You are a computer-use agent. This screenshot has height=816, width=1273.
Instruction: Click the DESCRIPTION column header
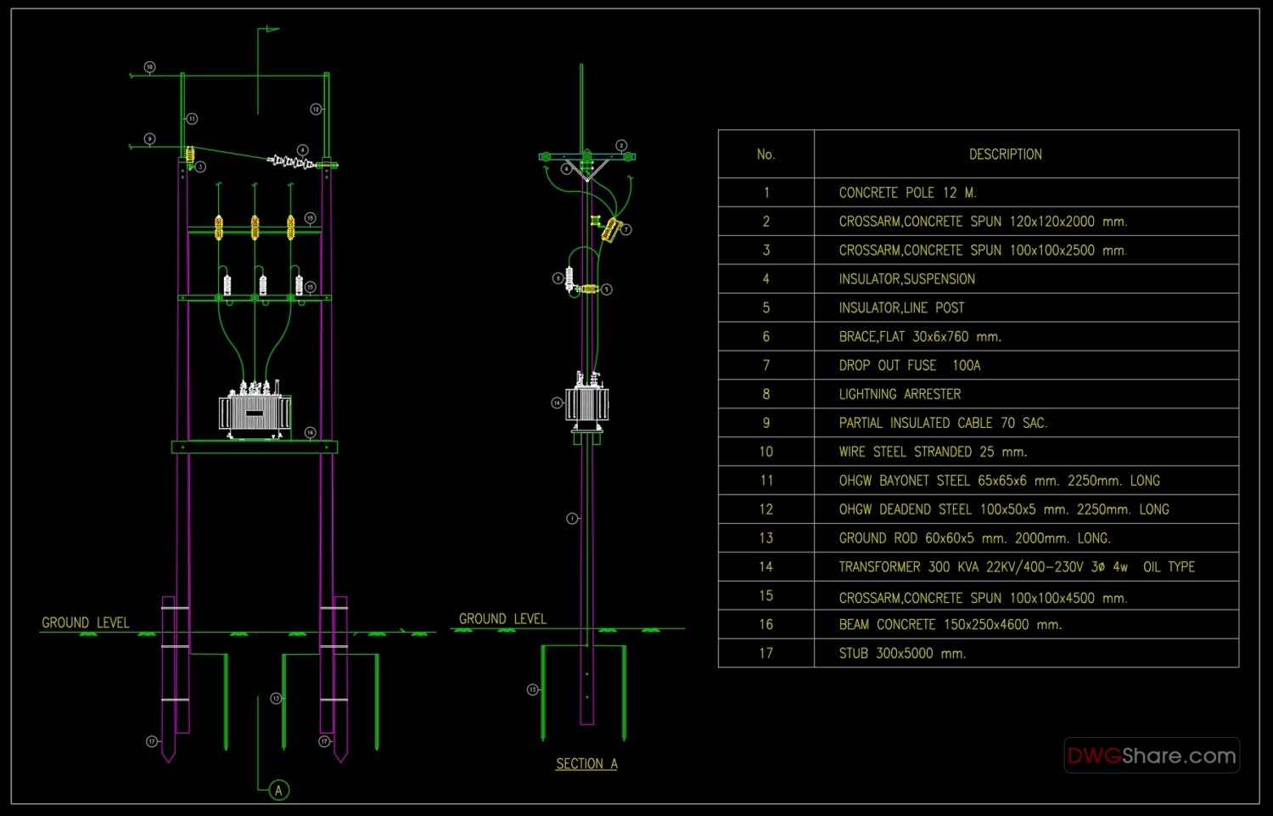(1005, 155)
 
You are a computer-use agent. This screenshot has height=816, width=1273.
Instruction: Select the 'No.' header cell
(765, 155)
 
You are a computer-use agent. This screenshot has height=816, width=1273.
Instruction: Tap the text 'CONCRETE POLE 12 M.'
(907, 193)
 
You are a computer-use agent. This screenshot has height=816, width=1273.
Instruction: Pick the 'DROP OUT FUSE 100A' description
(909, 365)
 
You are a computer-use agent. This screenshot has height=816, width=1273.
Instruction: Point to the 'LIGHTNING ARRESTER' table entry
(900, 394)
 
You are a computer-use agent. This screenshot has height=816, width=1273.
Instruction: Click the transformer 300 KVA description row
(1016, 566)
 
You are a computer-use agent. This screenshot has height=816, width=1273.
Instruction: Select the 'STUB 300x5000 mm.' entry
(902, 653)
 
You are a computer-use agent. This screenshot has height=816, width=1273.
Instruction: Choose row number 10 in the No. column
(765, 452)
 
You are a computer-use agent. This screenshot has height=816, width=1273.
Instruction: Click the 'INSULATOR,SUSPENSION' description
(906, 279)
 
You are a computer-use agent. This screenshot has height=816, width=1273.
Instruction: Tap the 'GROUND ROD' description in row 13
(974, 538)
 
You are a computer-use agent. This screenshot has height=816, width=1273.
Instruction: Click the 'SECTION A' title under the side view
(586, 764)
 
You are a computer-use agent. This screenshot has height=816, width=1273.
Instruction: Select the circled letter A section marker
(278, 791)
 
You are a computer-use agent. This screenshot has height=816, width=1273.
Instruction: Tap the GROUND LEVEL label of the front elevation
(86, 622)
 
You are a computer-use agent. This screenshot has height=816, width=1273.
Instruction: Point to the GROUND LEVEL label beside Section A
(502, 619)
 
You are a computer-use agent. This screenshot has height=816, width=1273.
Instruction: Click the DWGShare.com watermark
(1151, 755)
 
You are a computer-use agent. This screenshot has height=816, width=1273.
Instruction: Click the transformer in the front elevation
(255, 412)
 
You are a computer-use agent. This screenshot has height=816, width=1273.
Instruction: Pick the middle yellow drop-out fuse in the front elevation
(255, 227)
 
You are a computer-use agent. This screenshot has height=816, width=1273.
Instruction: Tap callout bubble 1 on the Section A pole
(572, 518)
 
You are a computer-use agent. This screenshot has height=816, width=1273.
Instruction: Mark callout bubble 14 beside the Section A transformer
(557, 402)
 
